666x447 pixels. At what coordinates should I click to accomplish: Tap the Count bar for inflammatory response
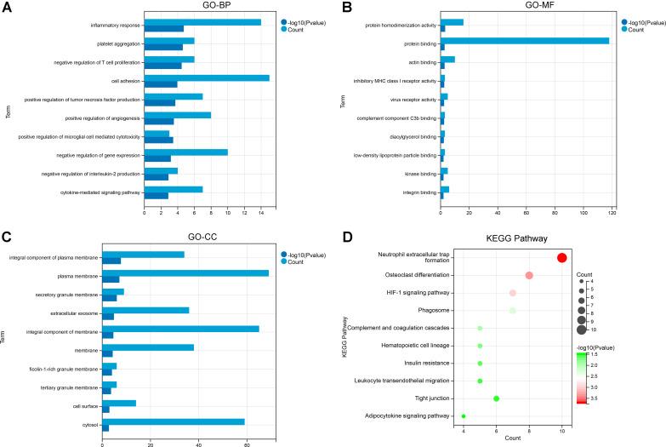[x=202, y=21]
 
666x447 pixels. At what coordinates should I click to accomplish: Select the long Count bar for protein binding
[x=525, y=40]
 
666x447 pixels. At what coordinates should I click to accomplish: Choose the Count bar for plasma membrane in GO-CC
[x=185, y=272]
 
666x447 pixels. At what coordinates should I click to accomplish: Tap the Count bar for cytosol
[x=174, y=421]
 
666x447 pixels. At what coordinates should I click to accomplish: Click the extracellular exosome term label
[x=74, y=312]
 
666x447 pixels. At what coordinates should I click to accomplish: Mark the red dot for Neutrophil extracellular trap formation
[x=562, y=258]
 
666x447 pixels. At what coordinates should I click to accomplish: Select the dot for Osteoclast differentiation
[x=529, y=275]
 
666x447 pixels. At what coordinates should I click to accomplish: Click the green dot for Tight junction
[x=497, y=398]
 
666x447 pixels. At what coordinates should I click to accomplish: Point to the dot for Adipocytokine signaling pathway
[x=464, y=415]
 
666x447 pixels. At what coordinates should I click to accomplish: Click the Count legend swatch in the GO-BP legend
[x=283, y=28]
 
